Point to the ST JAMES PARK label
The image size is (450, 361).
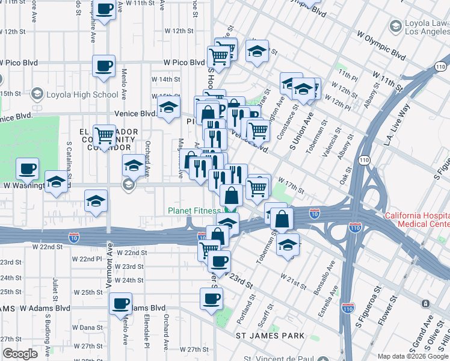tap(262, 335)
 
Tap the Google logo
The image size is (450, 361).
tap(20, 354)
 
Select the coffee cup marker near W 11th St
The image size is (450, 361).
tap(105, 10)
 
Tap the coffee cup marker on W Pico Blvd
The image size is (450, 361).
tap(103, 66)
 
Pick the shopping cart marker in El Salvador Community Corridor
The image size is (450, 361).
tap(105, 135)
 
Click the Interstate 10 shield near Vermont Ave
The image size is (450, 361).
tap(74, 238)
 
